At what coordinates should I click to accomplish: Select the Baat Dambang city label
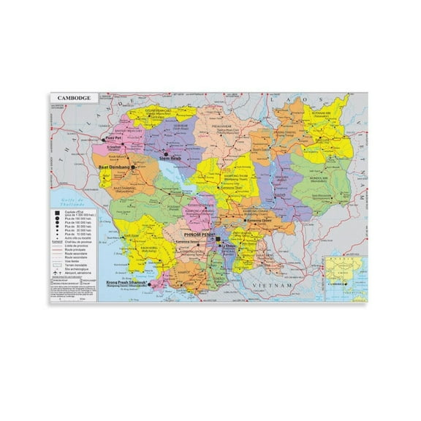click(113, 167)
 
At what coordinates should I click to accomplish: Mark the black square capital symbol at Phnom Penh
click(217, 240)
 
